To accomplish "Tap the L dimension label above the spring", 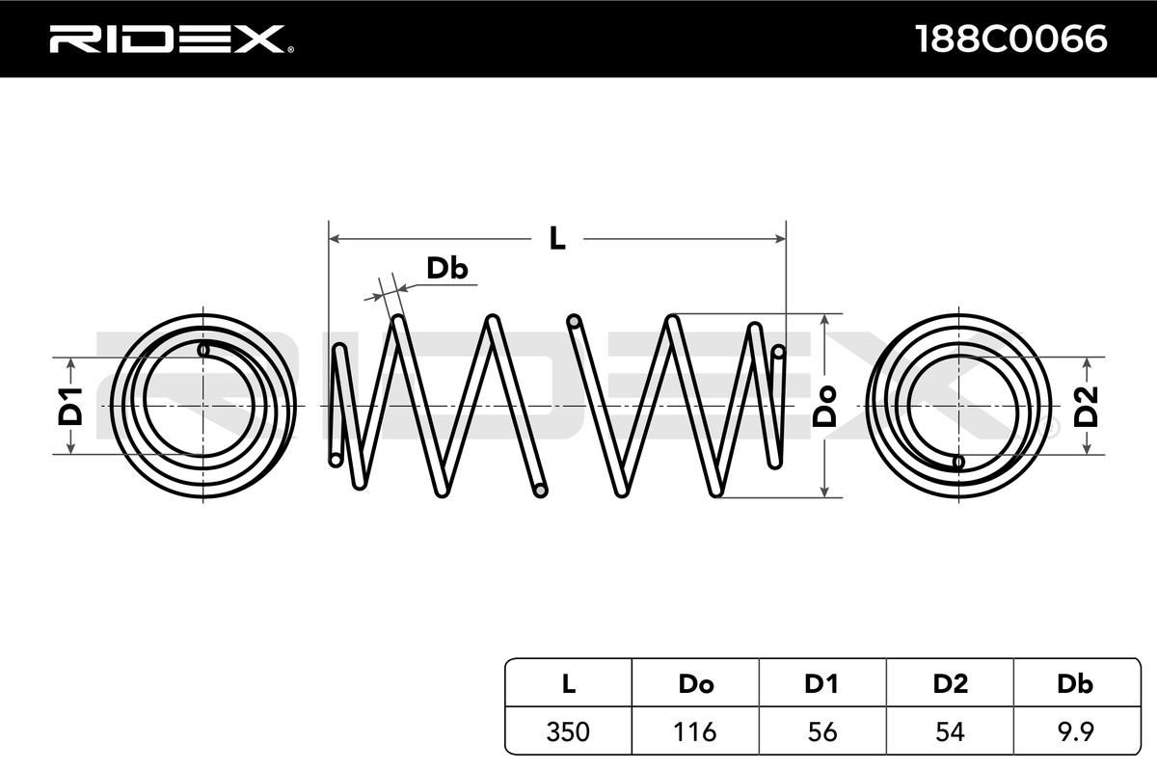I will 556,238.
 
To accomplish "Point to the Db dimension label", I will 446,269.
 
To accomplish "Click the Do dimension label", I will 824,405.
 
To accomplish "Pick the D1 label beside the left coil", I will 70,405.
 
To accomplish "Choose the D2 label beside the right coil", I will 1087,405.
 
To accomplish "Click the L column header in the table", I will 568,683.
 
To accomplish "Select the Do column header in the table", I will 695,683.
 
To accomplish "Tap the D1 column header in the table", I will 822,683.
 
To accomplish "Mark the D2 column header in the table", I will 950,683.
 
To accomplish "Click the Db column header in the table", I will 1075,683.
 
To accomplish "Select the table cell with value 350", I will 568,731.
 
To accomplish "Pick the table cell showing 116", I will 695,731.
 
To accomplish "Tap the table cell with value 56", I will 822,731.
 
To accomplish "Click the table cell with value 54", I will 950,731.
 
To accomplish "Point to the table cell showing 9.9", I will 1075,731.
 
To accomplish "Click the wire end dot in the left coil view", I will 203,349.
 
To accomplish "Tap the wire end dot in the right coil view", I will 957,462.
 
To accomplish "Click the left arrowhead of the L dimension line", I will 334,238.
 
